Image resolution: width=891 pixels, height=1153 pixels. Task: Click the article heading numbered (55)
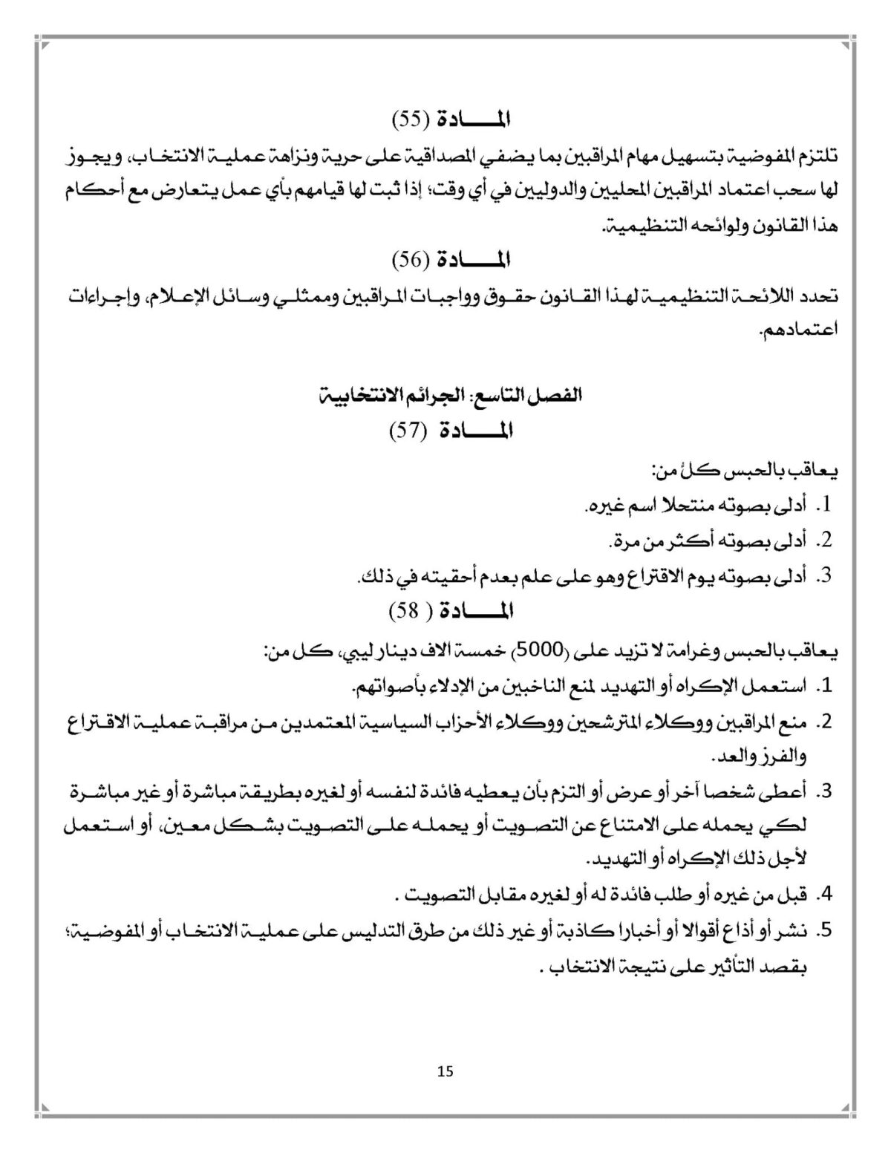point(451,119)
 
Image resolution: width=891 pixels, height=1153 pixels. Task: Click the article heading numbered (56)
point(451,259)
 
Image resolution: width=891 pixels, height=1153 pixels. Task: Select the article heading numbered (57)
point(451,430)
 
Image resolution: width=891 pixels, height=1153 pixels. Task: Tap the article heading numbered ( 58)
point(451,611)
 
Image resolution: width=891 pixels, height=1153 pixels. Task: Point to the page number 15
point(446,1071)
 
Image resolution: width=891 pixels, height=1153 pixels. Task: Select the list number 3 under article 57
point(823,576)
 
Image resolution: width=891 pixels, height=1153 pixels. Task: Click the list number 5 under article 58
point(823,931)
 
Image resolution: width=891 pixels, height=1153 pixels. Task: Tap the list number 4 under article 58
point(823,895)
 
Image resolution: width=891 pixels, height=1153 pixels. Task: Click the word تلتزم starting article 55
point(818,157)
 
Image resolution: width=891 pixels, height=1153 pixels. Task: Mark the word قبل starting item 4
point(793,895)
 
